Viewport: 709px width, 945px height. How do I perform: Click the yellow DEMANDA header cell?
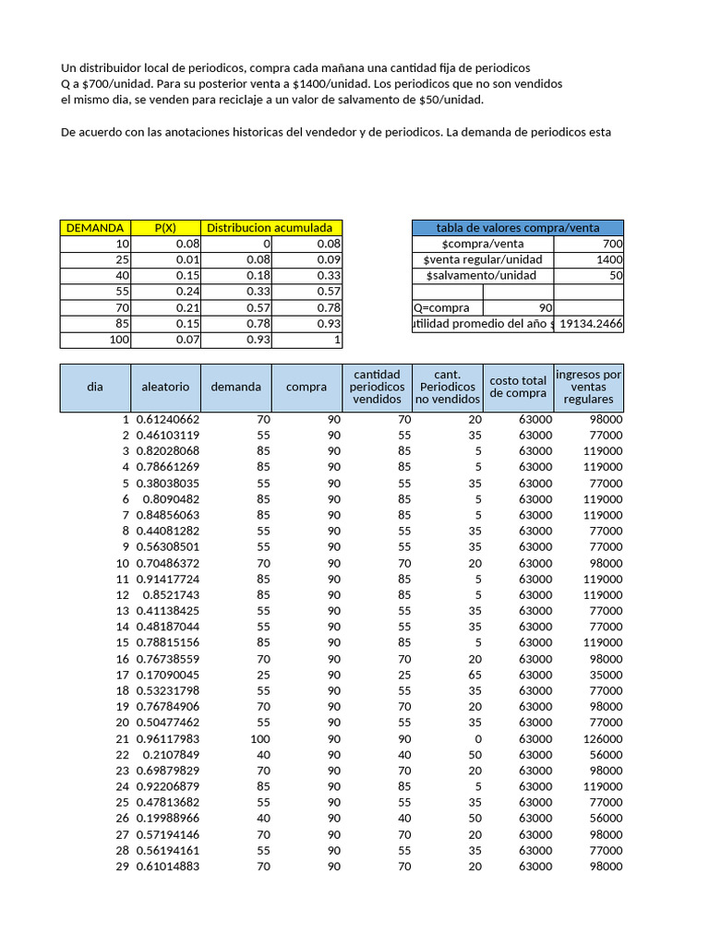(95, 228)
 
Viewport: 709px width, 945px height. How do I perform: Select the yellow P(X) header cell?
(166, 228)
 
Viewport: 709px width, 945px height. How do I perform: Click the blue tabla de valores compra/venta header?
(517, 228)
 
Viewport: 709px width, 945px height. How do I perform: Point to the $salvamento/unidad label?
(479, 275)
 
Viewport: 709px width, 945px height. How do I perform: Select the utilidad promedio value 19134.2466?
(592, 323)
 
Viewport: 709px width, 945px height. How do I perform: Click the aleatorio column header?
(165, 387)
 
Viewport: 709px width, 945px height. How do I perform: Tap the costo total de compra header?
(518, 387)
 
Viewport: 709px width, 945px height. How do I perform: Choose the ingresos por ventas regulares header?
(588, 387)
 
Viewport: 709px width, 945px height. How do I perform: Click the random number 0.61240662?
(168, 419)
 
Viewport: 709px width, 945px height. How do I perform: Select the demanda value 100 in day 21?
(251, 739)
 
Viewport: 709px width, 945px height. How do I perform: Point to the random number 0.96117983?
(168, 739)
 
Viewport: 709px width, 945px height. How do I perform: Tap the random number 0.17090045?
(168, 675)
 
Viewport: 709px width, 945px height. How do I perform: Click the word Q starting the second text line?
(66, 84)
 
